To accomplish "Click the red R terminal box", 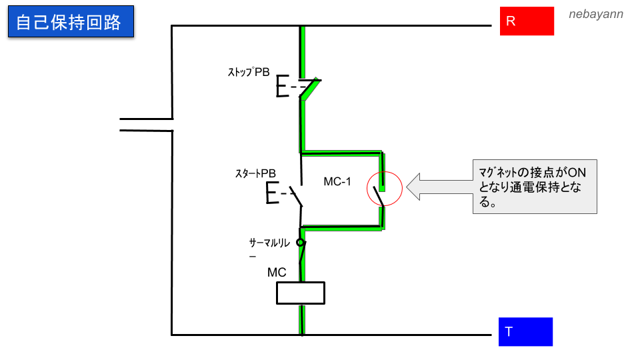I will pos(527,21).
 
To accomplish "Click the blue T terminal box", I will pos(525,331).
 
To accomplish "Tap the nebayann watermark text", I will pos(596,13).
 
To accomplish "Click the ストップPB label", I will pos(249,73).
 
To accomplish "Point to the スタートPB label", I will pos(255,173).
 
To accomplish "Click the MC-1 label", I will pos(337,182).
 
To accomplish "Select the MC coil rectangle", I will pos(301,293).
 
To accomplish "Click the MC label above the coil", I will pos(277,272).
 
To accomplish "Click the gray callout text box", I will pos(535,186).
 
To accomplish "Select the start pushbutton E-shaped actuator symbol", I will pos(273,193).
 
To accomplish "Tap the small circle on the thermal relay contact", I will pos(301,244).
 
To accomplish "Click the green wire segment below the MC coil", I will pos(302,319).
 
